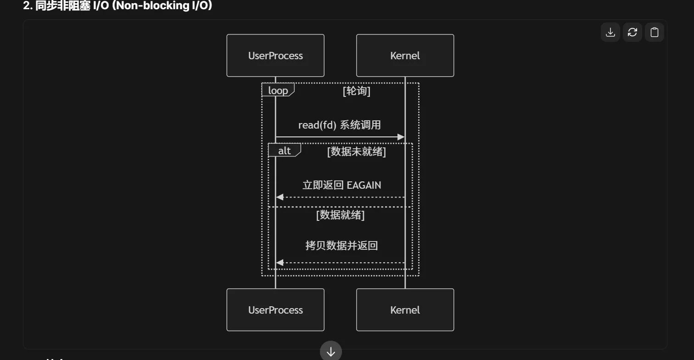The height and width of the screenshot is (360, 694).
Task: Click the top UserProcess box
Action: pyautogui.click(x=275, y=56)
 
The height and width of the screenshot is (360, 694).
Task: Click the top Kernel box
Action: pyautogui.click(x=405, y=56)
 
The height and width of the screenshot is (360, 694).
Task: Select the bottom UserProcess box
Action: pyautogui.click(x=275, y=310)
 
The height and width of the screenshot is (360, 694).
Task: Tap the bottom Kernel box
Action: pyautogui.click(x=405, y=310)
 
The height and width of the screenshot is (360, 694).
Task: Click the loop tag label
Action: pyautogui.click(x=278, y=90)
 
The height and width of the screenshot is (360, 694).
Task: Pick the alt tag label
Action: pyautogui.click(x=284, y=151)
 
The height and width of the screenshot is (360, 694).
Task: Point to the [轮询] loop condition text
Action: pyautogui.click(x=356, y=91)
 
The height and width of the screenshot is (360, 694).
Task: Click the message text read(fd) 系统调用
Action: pyautogui.click(x=339, y=125)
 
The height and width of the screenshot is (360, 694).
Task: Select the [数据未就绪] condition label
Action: pyautogui.click(x=356, y=152)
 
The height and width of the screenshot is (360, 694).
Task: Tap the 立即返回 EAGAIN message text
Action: pyautogui.click(x=341, y=185)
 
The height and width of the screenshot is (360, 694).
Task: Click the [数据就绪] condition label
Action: pyautogui.click(x=340, y=214)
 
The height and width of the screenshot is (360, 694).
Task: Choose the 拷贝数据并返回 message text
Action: pyautogui.click(x=341, y=245)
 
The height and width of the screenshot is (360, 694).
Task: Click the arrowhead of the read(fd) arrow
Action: pyautogui.click(x=401, y=137)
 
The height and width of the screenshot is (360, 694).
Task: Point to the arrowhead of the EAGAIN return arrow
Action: pyautogui.click(x=280, y=197)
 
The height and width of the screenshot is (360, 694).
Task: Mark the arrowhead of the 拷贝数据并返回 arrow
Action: pyautogui.click(x=280, y=263)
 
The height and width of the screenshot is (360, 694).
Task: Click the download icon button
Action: pyautogui.click(x=610, y=32)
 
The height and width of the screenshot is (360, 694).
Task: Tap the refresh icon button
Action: pyautogui.click(x=632, y=32)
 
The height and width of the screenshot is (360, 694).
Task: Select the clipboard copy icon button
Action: pyautogui.click(x=654, y=32)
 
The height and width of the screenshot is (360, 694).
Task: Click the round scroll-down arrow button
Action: pyautogui.click(x=331, y=352)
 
